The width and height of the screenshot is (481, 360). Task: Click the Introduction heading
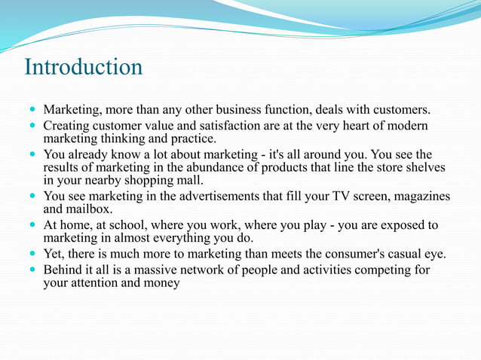coord(83,67)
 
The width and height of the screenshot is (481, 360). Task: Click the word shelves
coord(426,167)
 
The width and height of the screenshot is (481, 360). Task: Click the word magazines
coord(421,196)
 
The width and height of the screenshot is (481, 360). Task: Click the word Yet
coord(54,253)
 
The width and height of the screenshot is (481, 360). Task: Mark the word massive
coord(163,270)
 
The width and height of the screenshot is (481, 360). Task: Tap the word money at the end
coord(160,283)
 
